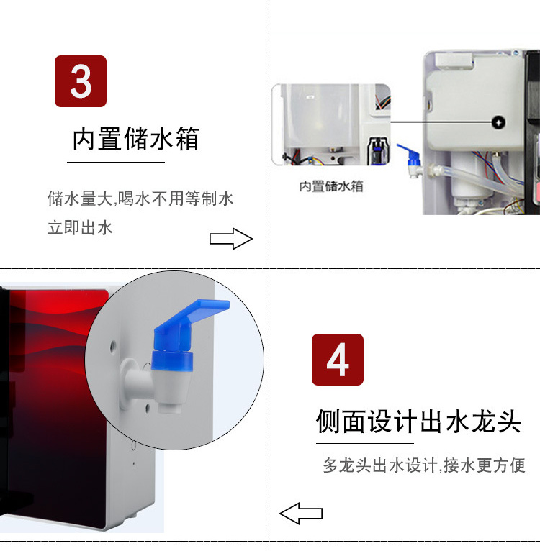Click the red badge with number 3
pyautogui.click(x=81, y=81)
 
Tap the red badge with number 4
pyautogui.click(x=338, y=360)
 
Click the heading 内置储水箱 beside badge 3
pyautogui.click(x=136, y=139)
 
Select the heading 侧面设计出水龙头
pyautogui.click(x=418, y=421)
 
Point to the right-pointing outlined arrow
pyautogui.click(x=231, y=239)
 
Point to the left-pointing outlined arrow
pyautogui.click(x=301, y=514)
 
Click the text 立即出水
pyautogui.click(x=80, y=228)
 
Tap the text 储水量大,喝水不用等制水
pyautogui.click(x=140, y=199)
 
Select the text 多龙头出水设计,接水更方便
pyautogui.click(x=424, y=465)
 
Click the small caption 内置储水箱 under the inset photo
pyautogui.click(x=331, y=186)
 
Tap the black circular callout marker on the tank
pyautogui.click(x=498, y=122)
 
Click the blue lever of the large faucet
pyautogui.click(x=192, y=318)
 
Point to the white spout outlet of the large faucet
pyautogui.click(x=169, y=408)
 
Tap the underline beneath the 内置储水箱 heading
pyautogui.click(x=116, y=162)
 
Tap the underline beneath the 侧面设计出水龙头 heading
pyautogui.click(x=365, y=444)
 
